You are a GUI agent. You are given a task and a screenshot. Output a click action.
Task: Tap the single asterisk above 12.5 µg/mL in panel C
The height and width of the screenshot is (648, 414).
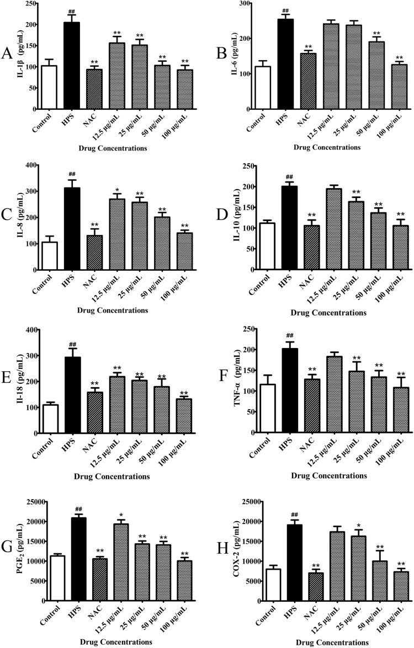(117, 188)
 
